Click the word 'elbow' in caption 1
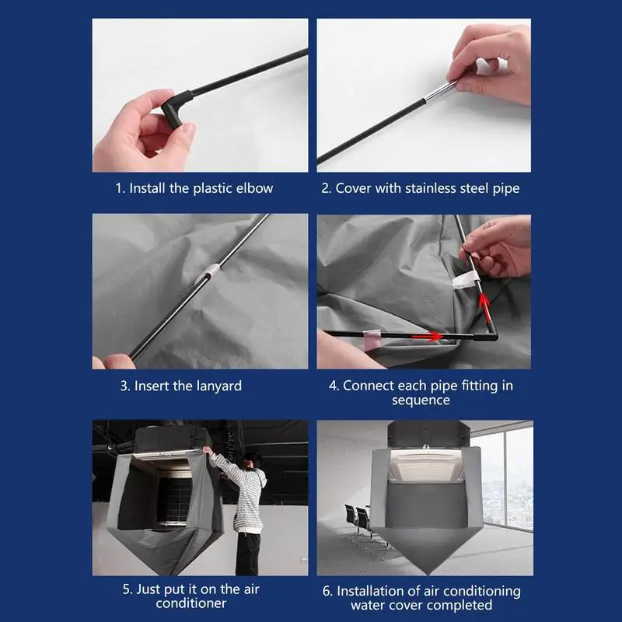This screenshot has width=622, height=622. [254, 188]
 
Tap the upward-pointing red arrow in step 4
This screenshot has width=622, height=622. [484, 305]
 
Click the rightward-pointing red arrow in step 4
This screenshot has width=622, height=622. [427, 337]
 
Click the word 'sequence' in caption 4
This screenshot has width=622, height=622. [421, 400]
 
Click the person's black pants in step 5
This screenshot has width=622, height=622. [248, 554]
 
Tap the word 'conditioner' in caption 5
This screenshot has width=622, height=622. [190, 603]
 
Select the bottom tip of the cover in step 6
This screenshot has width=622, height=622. [427, 574]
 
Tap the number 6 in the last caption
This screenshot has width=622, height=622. [326, 592]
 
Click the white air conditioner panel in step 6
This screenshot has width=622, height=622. [426, 466]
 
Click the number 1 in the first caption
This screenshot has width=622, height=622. [119, 188]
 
